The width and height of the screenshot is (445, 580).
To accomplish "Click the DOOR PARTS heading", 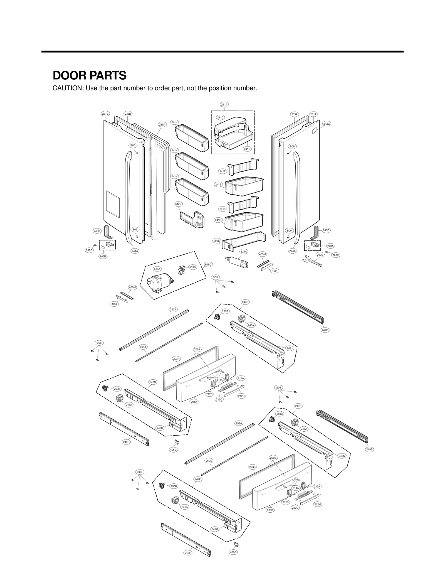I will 90,75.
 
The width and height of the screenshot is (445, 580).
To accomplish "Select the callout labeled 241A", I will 224,104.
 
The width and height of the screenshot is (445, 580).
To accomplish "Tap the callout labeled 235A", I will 162,124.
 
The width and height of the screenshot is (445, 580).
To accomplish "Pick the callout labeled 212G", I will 327,123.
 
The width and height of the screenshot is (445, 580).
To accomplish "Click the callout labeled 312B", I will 178,204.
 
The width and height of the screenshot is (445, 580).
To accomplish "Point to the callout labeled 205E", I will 217,241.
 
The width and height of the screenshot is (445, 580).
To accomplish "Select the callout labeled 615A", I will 157,269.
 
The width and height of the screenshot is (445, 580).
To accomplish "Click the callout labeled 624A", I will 243,252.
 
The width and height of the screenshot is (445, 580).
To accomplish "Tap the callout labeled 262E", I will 320,255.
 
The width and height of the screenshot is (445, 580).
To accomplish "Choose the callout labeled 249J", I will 290,348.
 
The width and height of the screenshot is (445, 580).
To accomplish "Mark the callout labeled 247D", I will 153,382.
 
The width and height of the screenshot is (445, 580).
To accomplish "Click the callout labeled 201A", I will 194,402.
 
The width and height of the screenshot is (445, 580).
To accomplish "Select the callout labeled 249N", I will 342,456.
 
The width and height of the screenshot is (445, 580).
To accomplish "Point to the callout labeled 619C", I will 208,264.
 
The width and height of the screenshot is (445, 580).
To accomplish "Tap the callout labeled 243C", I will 97,231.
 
